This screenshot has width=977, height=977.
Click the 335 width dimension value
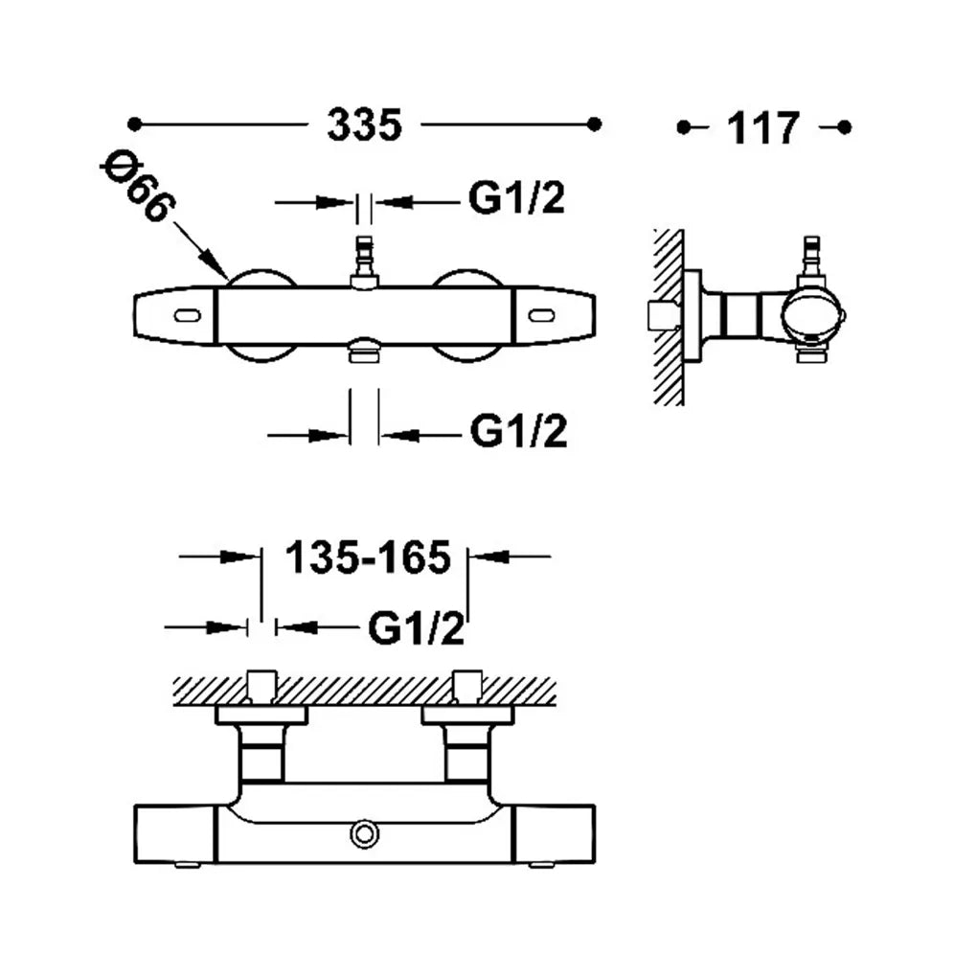click(365, 125)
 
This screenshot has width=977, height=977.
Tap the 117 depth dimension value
click(762, 128)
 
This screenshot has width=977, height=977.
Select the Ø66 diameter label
click(138, 186)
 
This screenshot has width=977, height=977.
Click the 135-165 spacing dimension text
click(368, 557)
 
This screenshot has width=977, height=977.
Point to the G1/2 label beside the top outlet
click(516, 199)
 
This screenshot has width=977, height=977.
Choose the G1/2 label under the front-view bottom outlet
click(518, 431)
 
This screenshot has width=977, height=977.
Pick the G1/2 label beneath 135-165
click(417, 628)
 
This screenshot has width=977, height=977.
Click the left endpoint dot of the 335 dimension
click(134, 125)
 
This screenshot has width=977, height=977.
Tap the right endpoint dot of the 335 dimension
click(595, 124)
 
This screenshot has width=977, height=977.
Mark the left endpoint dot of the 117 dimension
click(684, 127)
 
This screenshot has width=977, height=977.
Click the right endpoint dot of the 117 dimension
click(844, 127)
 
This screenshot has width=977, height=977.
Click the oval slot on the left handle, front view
click(188, 316)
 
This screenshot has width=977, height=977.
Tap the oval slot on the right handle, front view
click(541, 316)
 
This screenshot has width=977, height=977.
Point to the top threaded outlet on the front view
click(364, 261)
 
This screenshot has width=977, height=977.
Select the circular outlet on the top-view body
click(365, 835)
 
